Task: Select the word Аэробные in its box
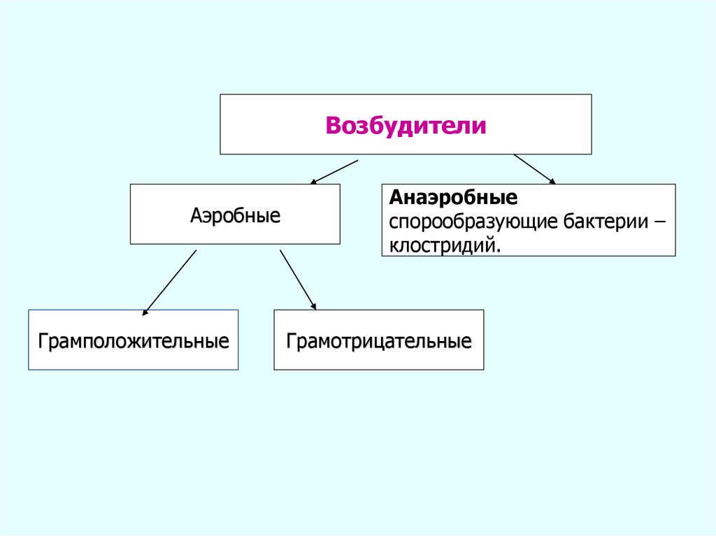235,215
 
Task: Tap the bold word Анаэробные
454,198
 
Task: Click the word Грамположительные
134,342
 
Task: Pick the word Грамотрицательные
378,342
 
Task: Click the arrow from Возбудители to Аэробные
334,171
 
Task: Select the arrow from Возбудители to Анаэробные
535,169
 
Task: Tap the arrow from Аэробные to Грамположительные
169,281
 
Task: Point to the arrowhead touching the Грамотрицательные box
313,307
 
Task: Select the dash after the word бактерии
660,223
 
